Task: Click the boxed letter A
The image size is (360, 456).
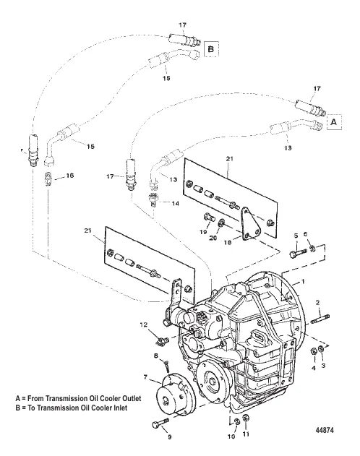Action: click(x=334, y=121)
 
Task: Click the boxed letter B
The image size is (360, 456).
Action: click(x=211, y=49)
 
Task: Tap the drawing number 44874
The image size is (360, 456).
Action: click(x=325, y=430)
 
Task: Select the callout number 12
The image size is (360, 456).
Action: click(x=144, y=325)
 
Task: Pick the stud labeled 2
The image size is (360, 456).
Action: click(x=320, y=319)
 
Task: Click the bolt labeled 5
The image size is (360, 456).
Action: click(x=298, y=252)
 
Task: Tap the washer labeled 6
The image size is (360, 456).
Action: click(x=312, y=249)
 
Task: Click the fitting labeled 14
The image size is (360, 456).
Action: click(x=153, y=199)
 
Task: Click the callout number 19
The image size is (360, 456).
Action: click(x=203, y=232)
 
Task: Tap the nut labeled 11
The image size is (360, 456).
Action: click(x=246, y=418)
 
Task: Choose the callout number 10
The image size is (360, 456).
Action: click(x=231, y=436)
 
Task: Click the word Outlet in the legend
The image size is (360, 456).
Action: click(x=131, y=398)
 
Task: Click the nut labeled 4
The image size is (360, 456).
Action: click(x=314, y=351)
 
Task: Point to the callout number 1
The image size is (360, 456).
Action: click(x=303, y=282)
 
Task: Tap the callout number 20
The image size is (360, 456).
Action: click(x=213, y=238)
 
